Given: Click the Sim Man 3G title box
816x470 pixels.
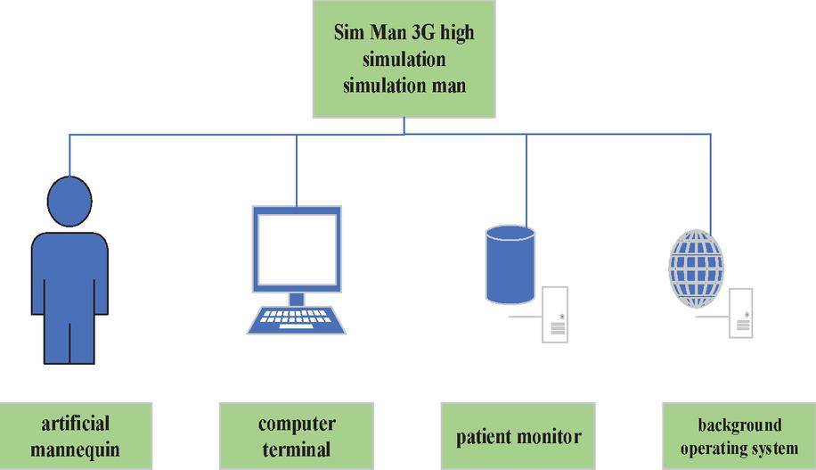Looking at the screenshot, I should point(404,60).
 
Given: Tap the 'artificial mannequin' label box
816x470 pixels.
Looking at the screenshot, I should point(75,435).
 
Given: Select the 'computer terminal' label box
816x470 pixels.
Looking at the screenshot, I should point(297,435).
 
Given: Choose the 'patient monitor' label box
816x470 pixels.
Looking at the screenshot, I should point(518,436).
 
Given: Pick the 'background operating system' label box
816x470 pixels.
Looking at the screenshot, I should point(738,436).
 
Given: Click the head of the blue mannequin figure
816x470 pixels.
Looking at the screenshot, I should point(69,197).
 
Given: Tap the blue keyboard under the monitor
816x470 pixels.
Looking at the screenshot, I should point(296,318).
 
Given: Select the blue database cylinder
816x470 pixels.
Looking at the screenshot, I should point(510,263).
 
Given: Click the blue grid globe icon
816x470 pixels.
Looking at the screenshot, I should point(696,268).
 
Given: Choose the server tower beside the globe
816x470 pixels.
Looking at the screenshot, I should point(741,312).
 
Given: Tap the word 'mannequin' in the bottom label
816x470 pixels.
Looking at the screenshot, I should point(75,449).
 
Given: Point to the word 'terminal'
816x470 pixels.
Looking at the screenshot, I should point(298,449).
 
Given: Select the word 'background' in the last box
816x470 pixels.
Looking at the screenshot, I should point(739,425).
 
